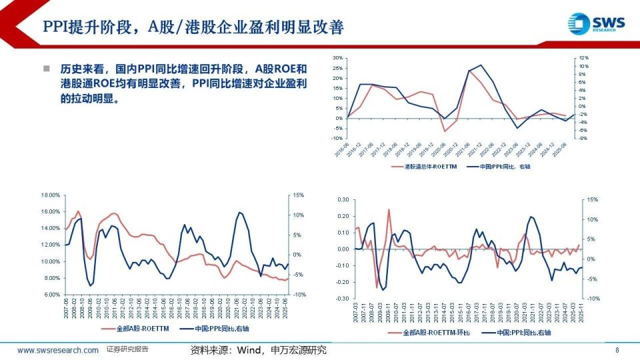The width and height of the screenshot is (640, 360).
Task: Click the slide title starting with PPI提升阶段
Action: pyautogui.click(x=193, y=27)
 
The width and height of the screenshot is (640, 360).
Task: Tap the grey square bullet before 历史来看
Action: pyautogui.click(x=46, y=69)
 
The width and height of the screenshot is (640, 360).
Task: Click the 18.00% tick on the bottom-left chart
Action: pyautogui.click(x=51, y=195)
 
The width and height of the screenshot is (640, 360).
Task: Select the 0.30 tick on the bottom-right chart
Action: pyautogui.click(x=343, y=199)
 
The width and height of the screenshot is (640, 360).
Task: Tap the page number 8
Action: pyautogui.click(x=617, y=350)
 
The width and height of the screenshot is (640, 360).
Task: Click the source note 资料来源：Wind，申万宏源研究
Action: pyautogui.click(x=259, y=350)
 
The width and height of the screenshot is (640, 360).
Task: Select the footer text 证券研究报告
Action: pyautogui.click(x=127, y=349)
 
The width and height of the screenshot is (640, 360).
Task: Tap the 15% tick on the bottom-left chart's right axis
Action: pyautogui.click(x=298, y=195)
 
